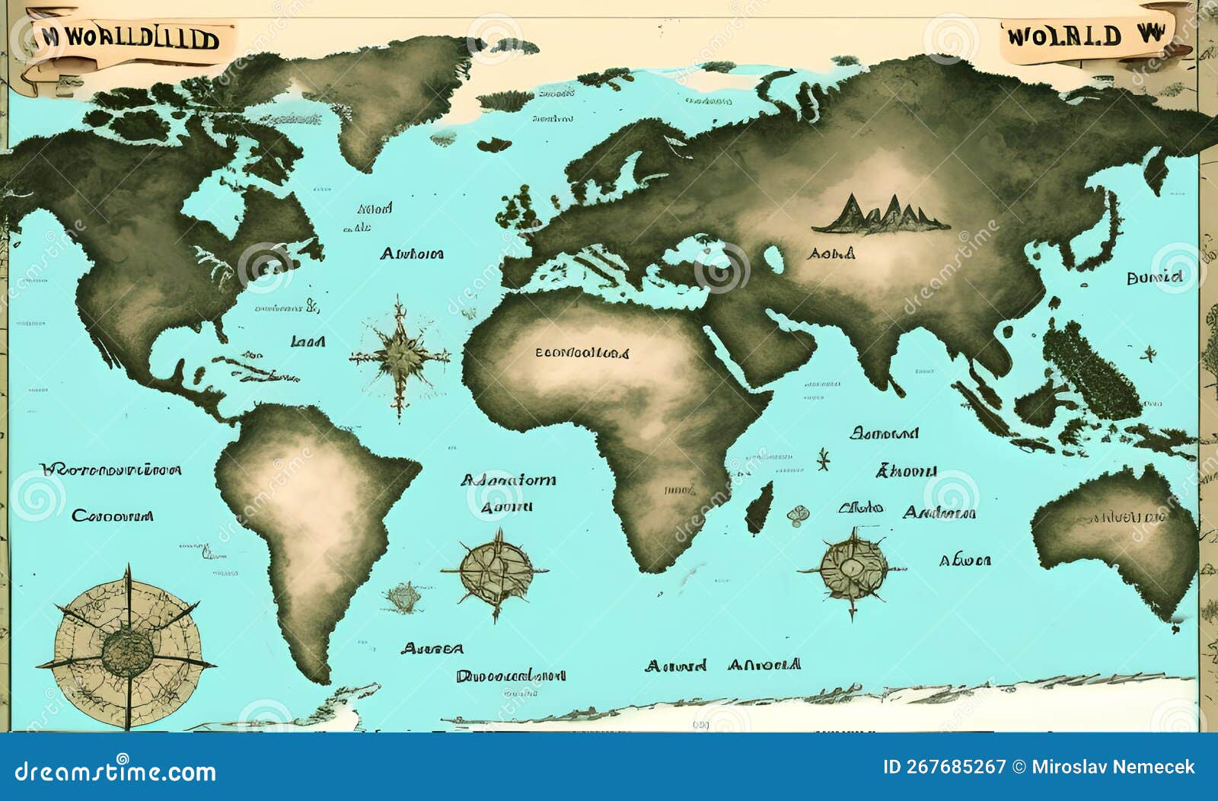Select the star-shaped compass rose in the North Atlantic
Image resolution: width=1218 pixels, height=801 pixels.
399,355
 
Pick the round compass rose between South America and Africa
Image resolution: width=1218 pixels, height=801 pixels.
496,572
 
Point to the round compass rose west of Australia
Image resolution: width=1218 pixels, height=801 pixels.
853,568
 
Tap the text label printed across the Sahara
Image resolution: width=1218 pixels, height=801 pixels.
582,353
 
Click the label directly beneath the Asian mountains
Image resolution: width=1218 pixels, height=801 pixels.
831,254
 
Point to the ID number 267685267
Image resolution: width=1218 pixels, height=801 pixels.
944,767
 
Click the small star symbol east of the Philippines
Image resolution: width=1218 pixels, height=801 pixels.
1148,353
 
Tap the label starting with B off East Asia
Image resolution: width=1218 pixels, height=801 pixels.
1155,278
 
